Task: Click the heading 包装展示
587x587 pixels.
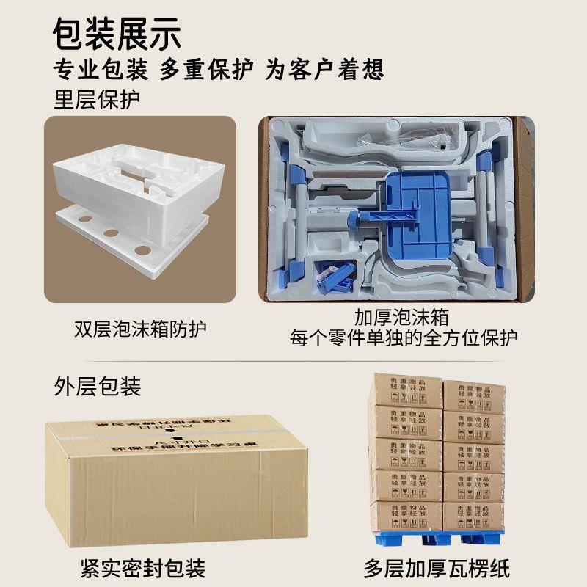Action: (x=117, y=33)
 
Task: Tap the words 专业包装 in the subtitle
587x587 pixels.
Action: (x=100, y=70)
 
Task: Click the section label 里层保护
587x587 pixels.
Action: (x=97, y=100)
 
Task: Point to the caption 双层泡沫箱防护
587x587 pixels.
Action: (x=140, y=327)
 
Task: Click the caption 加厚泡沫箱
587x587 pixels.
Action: (x=401, y=318)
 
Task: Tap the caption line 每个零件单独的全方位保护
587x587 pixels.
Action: (x=403, y=338)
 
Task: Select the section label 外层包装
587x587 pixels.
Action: (x=97, y=386)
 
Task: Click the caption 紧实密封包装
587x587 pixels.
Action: (x=142, y=567)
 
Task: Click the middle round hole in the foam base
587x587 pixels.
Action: (x=112, y=233)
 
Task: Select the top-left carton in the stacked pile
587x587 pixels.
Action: (x=405, y=390)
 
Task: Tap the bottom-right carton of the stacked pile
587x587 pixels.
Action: (x=474, y=516)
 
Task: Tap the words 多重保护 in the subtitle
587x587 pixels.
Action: (x=206, y=70)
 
